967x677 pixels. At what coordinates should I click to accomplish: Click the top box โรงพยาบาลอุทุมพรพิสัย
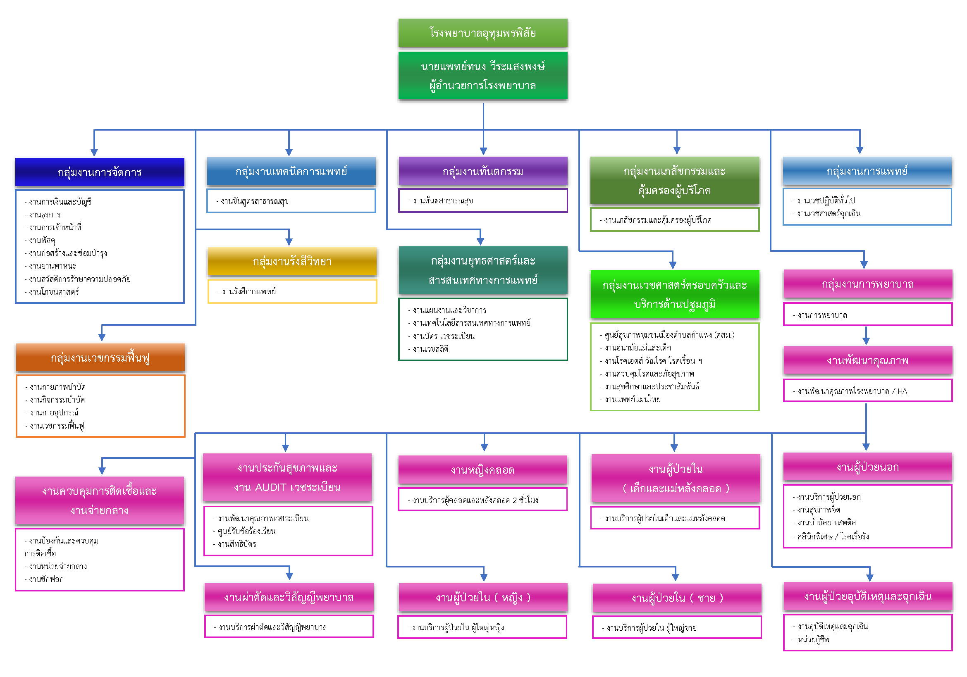click(482, 33)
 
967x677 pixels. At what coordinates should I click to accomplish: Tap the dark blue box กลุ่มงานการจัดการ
click(99, 172)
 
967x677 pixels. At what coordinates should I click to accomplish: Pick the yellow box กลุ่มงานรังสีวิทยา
click(292, 262)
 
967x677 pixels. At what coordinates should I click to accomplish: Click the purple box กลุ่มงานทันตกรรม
click(482, 172)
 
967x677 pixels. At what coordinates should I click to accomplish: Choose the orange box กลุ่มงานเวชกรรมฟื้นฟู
click(100, 358)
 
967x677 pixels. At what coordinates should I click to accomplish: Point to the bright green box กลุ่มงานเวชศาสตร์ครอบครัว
click(675, 294)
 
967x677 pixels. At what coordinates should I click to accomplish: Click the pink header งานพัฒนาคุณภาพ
click(868, 360)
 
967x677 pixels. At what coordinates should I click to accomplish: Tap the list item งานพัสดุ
click(42, 241)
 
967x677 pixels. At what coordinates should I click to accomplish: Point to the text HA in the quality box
click(902, 391)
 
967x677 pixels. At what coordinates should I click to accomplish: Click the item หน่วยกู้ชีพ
click(813, 639)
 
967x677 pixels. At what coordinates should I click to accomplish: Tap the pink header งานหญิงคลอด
click(482, 470)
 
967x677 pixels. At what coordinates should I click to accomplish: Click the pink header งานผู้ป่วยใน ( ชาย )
click(677, 598)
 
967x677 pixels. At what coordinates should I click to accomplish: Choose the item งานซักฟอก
click(46, 579)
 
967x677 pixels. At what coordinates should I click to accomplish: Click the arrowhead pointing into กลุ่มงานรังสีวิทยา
click(289, 242)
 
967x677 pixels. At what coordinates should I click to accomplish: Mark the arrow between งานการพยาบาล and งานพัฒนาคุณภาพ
click(866, 336)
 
